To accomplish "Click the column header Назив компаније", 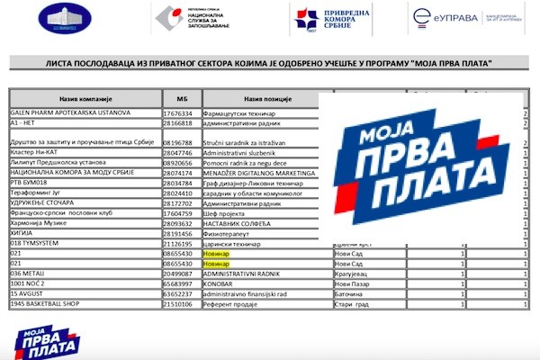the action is [85, 97].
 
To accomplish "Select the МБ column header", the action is [177, 97].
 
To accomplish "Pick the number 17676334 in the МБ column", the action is [177, 113].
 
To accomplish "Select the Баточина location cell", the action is [350, 293].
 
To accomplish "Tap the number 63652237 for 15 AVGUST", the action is [177, 293].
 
